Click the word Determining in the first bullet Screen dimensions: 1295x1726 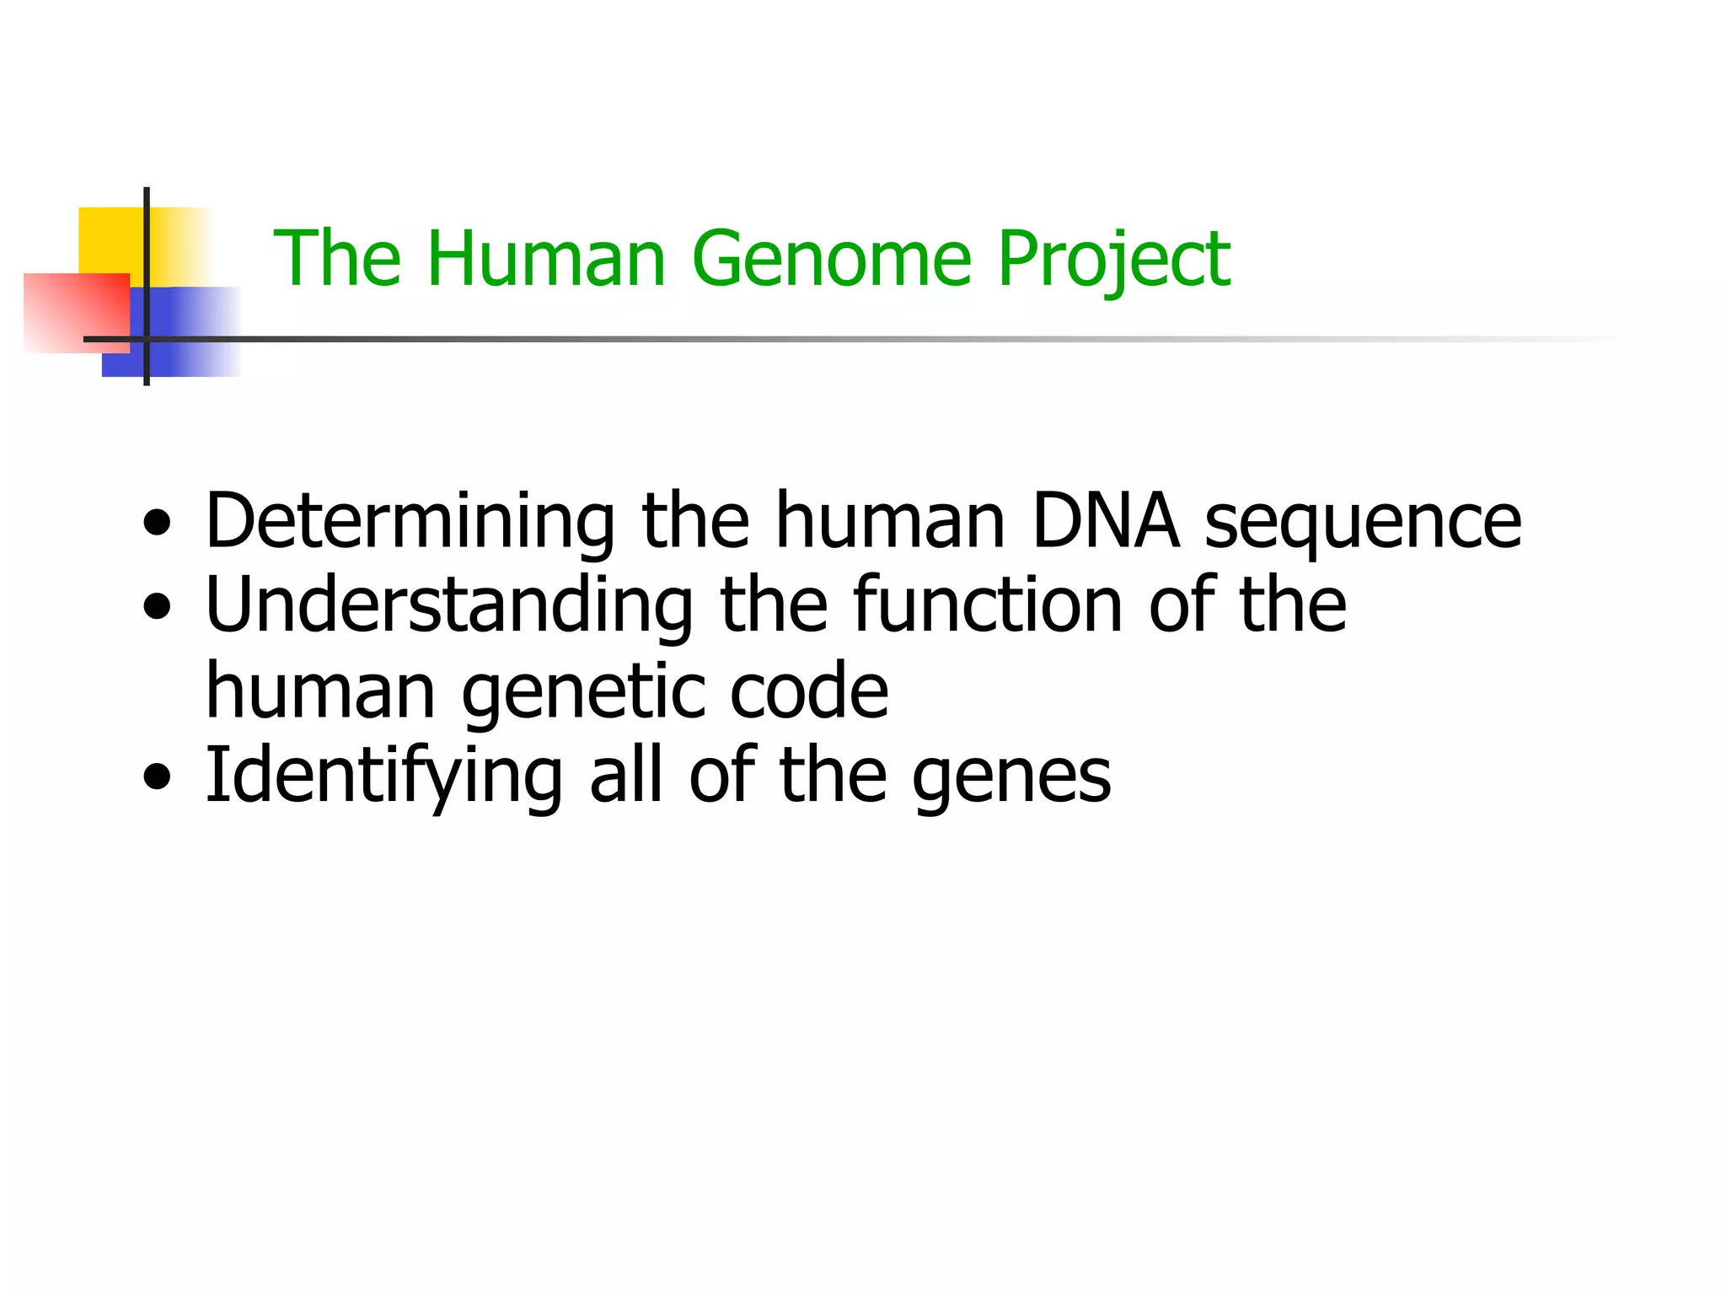point(410,521)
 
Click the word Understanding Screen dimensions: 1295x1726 point(449,605)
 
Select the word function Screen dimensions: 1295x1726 point(987,605)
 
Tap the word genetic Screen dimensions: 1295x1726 point(582,691)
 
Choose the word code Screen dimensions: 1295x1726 point(808,691)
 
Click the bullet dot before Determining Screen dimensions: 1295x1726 point(157,523)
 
